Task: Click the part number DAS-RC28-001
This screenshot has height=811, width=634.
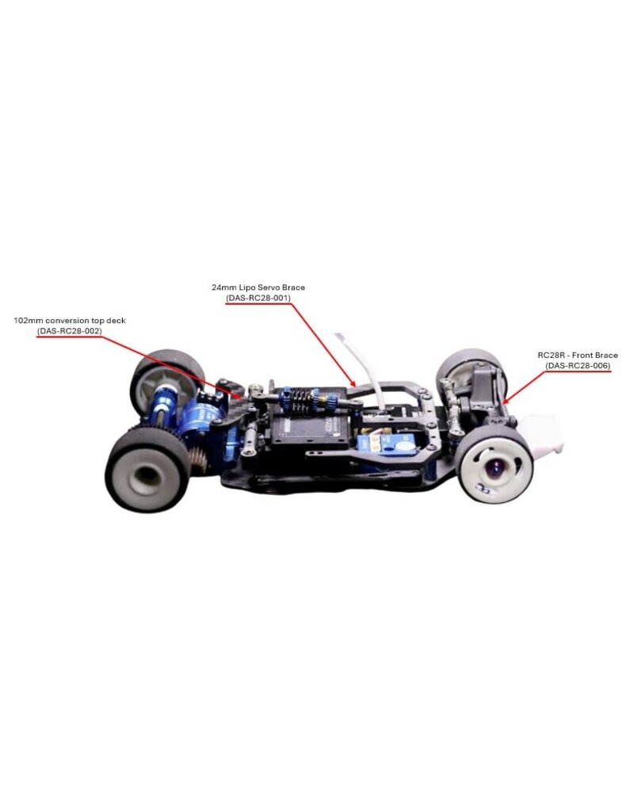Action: pos(258,298)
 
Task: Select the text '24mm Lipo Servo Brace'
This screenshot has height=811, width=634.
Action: pos(258,287)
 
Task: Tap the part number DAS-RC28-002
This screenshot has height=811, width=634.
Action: pos(70,331)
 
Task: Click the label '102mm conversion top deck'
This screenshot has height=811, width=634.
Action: pos(70,321)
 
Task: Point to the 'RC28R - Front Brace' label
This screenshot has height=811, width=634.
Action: pos(578,356)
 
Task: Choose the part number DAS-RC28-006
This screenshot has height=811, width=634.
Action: pos(578,366)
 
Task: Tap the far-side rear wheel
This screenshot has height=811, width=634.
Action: pos(165,382)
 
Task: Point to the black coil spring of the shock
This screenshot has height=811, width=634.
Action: pos(300,400)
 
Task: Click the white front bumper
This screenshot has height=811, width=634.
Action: pos(540,436)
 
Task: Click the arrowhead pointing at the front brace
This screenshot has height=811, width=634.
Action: pos(505,400)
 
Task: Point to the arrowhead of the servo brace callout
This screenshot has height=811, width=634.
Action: pos(353,385)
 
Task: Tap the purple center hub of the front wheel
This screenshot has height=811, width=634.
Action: pos(495,470)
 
